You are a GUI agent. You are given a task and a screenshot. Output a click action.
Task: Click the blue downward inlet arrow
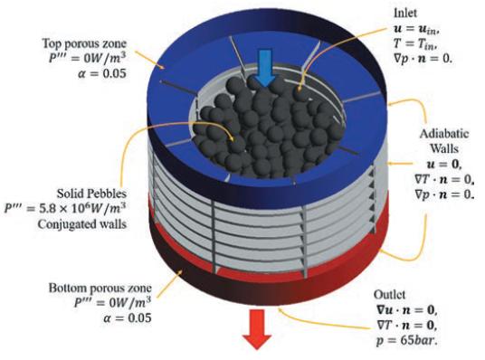[265, 68]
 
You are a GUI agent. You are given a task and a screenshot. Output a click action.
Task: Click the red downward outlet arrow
[257, 329]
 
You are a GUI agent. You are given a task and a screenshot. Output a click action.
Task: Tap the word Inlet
[404, 13]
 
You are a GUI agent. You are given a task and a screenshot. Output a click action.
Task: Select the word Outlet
[389, 294]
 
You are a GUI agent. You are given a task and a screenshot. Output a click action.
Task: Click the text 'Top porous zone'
[84, 43]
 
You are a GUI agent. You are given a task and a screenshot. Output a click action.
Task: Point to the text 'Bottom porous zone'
[100, 289]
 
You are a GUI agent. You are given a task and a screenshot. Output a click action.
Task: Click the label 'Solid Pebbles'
[91, 194]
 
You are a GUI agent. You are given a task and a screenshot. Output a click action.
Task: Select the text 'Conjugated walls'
[82, 224]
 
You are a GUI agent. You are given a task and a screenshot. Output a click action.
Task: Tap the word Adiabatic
[444, 134]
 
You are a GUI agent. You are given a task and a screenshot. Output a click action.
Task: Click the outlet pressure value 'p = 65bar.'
[407, 340]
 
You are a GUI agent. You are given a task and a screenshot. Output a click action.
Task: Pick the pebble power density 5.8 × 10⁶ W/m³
[65, 209]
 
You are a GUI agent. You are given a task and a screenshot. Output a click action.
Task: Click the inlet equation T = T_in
[415, 44]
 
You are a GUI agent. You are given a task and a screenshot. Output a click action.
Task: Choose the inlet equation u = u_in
[416, 29]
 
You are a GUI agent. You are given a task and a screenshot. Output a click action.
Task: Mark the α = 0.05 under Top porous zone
[102, 73]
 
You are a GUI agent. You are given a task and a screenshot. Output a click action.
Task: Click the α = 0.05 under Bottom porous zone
[128, 317]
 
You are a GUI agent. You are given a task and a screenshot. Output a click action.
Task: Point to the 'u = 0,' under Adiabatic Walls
[444, 164]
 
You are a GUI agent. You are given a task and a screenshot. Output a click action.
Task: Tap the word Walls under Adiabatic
[444, 148]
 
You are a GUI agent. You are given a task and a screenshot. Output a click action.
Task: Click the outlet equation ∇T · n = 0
[407, 325]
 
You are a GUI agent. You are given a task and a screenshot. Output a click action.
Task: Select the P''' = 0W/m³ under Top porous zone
[88, 58]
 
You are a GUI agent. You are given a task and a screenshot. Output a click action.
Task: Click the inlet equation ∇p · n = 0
[423, 59]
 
